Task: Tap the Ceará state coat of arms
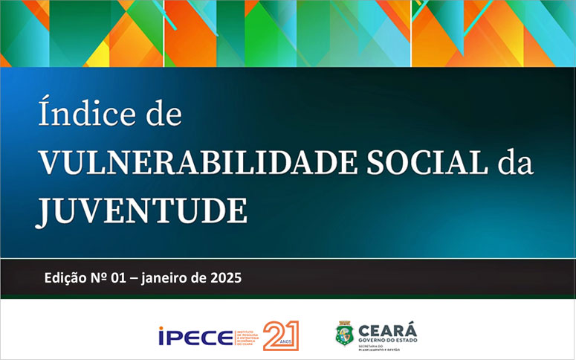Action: tap(344, 334)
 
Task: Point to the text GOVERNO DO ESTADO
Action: tap(388, 341)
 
